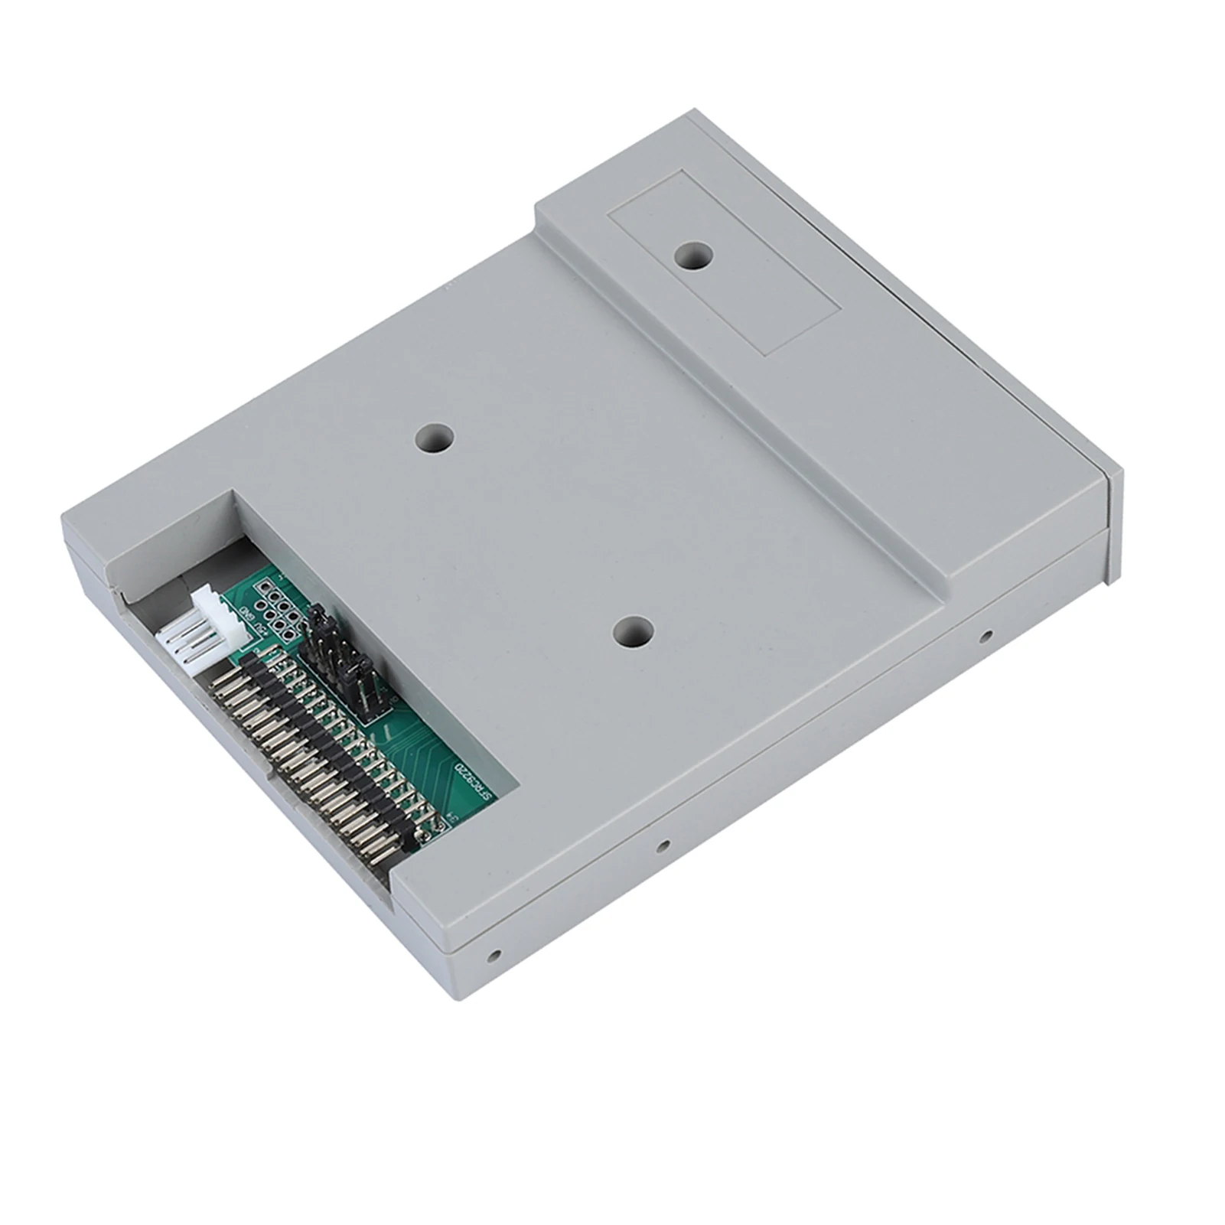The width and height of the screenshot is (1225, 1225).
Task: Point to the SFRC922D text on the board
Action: (468, 780)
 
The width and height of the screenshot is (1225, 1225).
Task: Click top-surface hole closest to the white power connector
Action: (435, 439)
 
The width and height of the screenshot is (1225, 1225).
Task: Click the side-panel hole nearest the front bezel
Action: (986, 635)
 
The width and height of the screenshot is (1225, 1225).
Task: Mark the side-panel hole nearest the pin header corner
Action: (495, 956)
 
